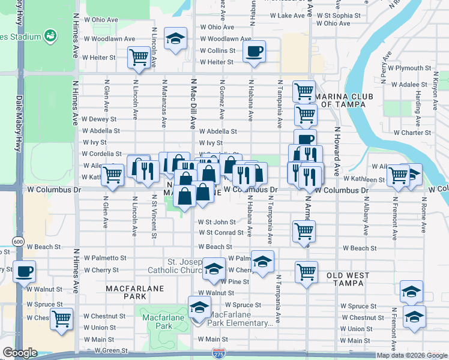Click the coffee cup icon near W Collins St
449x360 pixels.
point(255,51)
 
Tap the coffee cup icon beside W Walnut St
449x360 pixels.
point(24,272)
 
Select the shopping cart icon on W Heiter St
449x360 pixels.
point(139,58)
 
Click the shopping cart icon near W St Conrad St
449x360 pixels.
point(304,230)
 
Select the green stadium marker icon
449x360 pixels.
point(51,36)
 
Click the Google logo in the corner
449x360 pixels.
point(20,353)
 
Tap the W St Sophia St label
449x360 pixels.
point(339,15)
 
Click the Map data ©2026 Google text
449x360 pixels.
point(411,355)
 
